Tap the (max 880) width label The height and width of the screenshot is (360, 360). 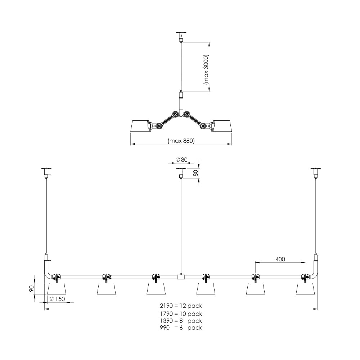[181, 140]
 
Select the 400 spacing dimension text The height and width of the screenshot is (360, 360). [280, 259]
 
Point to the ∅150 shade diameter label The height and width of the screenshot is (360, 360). [57, 299]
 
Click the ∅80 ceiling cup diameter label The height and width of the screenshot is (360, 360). [181, 159]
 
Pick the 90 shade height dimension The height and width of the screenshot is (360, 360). [31, 289]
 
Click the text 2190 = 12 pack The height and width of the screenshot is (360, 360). [181, 306]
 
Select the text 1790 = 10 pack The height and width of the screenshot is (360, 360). [181, 314]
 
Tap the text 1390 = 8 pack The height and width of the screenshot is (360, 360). [181, 320]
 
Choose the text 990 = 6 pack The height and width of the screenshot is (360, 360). [181, 328]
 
